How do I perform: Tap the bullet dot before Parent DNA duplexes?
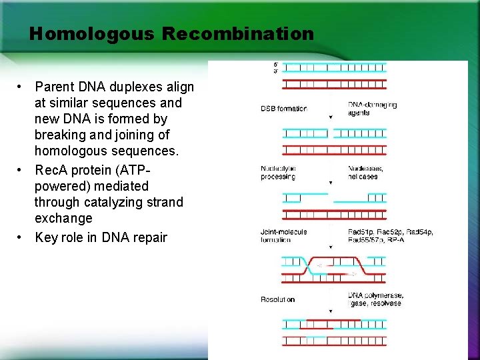[21, 87]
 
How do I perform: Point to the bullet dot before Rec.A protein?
[21, 171]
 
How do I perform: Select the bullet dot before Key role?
[21, 237]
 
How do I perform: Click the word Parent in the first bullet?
[55, 87]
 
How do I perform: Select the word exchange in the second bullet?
[63, 219]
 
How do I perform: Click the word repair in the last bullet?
[148, 237]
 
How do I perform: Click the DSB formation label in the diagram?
[283, 109]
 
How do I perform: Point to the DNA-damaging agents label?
[372, 109]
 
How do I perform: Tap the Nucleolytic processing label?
[278, 173]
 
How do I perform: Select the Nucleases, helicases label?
[365, 173]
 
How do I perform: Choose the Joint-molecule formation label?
[283, 235]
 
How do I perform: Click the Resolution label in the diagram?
[277, 300]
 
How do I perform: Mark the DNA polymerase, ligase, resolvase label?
[375, 299]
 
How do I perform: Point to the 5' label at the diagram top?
[277, 65]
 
